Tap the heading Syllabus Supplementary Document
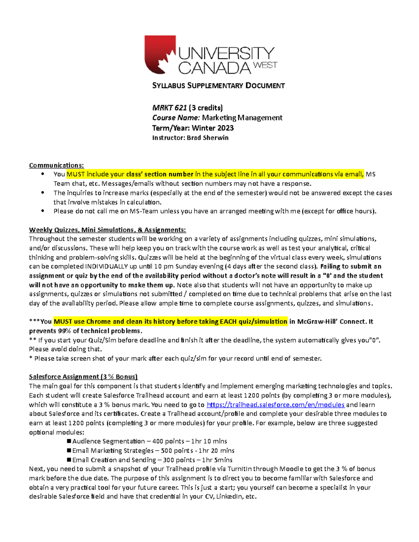(218, 86)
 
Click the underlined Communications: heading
(57, 165)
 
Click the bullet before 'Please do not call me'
(43, 211)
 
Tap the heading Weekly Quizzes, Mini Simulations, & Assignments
(108, 230)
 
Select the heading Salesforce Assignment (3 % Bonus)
(83, 377)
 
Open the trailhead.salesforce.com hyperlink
(275, 405)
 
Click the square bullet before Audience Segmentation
(69, 441)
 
